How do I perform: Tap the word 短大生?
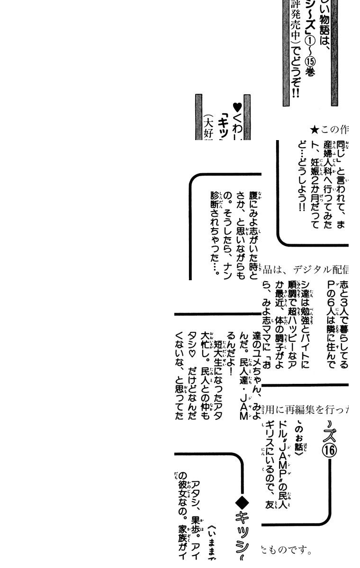pyautogui.click(x=218, y=351)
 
